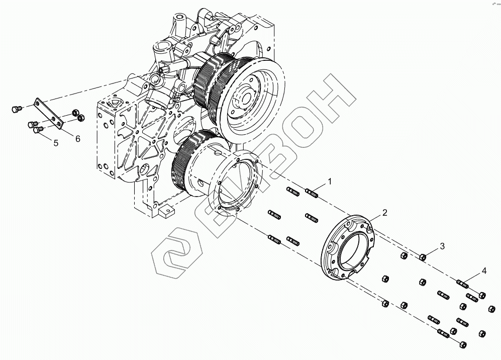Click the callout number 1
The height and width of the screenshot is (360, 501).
coord(330,180)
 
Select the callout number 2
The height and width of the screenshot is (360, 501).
coord(384,213)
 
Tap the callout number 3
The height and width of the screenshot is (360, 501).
coord(442,246)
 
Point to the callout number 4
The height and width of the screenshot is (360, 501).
coord(484,271)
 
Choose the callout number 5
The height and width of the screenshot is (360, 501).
coord(56,143)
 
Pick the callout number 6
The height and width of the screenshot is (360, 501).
coord(78,139)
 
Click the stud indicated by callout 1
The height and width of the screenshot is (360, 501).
coord(312,192)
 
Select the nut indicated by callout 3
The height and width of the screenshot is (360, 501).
coord(423,257)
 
